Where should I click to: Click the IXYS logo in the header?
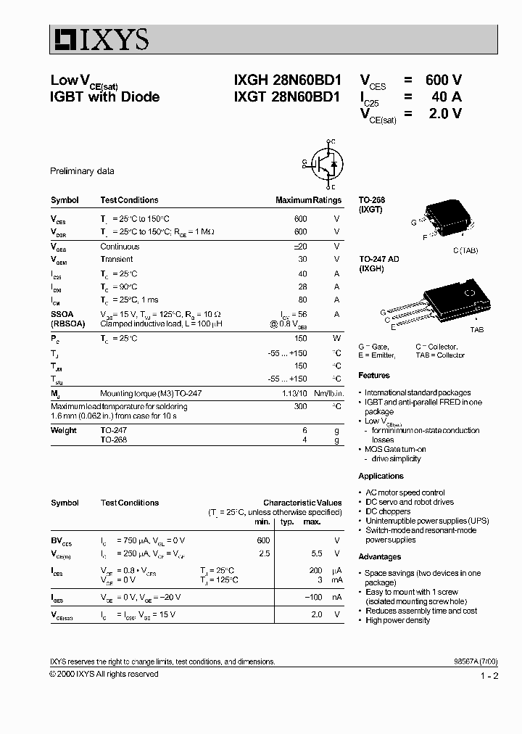pyautogui.click(x=100, y=40)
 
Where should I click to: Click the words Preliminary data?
pyautogui.click(x=82, y=171)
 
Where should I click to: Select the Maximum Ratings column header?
pyautogui.click(x=308, y=200)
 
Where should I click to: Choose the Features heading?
pyautogui.click(x=374, y=376)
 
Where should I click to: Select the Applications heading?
pyautogui.click(x=381, y=477)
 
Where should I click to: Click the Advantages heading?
pyautogui.click(x=379, y=557)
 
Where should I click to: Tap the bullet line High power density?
pyautogui.click(x=399, y=621)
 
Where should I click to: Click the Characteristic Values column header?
pyautogui.click(x=302, y=503)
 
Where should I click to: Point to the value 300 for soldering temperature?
pyautogui.click(x=301, y=407)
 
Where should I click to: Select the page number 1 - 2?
pyautogui.click(x=489, y=676)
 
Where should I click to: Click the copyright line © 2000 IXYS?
pyautogui.click(x=104, y=674)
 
